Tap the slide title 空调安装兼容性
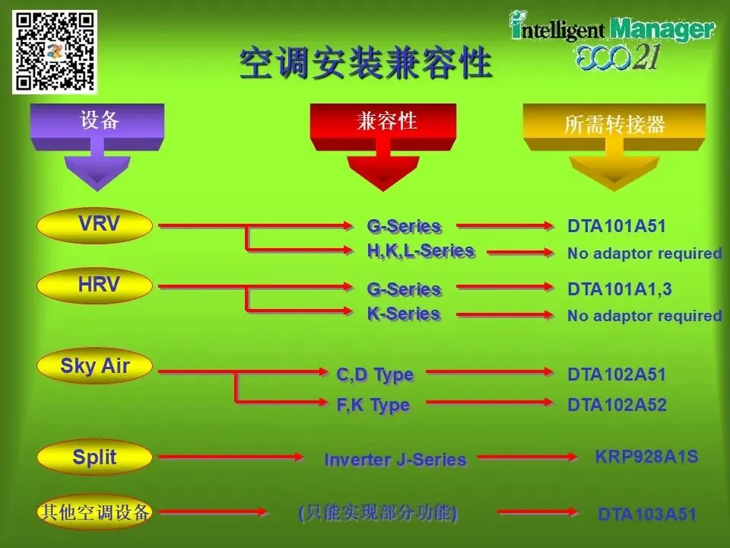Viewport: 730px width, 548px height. click(x=365, y=64)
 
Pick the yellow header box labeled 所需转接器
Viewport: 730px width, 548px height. click(x=614, y=125)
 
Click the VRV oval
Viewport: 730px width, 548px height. click(x=96, y=225)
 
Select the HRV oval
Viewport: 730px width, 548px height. click(x=96, y=286)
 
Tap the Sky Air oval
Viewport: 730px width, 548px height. click(x=96, y=367)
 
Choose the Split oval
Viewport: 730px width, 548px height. click(x=96, y=458)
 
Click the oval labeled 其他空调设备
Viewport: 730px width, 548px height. click(x=96, y=512)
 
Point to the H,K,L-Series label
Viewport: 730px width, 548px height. click(x=421, y=251)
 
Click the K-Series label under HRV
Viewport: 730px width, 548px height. click(x=404, y=314)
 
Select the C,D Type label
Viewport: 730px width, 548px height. click(x=375, y=374)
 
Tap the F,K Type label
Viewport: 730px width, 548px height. click(x=373, y=405)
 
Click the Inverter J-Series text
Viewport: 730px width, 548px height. click(x=395, y=460)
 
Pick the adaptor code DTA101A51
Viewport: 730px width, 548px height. click(x=616, y=226)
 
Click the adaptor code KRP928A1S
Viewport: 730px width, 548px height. click(x=646, y=457)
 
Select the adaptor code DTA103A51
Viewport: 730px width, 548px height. click(x=646, y=515)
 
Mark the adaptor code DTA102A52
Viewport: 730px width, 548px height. click(x=616, y=406)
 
